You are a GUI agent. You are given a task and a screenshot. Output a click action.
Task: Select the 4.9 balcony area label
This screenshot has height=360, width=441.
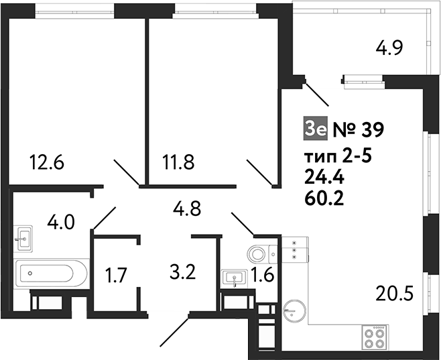click(x=388, y=49)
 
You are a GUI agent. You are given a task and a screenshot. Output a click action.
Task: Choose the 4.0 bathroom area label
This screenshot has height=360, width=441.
click(x=61, y=221)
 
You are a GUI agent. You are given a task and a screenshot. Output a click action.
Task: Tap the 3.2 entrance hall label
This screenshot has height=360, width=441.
click(x=182, y=273)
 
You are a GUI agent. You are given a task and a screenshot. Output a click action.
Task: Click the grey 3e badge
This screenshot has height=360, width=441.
click(x=315, y=127)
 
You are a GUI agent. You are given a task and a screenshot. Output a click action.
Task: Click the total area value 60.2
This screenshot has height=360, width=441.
click(x=324, y=198)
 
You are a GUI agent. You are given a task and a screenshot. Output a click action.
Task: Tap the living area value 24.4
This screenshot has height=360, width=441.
click(x=324, y=178)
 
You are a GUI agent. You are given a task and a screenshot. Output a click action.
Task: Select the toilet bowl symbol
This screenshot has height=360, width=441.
click(x=259, y=253)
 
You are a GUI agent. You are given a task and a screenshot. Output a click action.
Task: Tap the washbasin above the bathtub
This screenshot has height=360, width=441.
click(x=26, y=237)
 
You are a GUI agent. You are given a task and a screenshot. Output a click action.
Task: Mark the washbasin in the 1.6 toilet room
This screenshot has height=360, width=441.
click(x=233, y=278)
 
